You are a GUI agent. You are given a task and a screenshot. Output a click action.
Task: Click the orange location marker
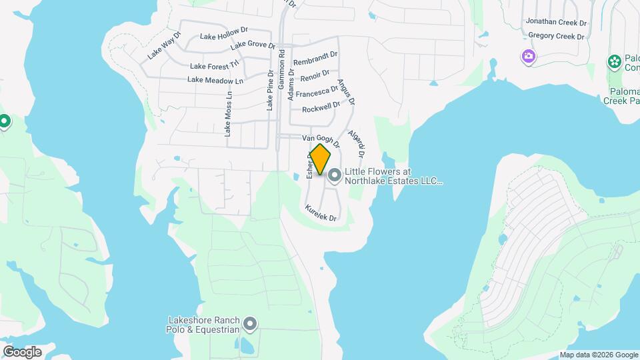coord(320,160)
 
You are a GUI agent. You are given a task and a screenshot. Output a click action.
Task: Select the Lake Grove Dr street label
coord(253,46)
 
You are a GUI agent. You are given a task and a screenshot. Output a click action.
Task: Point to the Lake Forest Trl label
coord(214,65)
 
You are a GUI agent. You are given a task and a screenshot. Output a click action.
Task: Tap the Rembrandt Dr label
coord(315,58)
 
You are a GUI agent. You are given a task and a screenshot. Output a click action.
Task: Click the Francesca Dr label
coord(317,92)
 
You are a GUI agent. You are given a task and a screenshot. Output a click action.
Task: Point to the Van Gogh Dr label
coord(321,140)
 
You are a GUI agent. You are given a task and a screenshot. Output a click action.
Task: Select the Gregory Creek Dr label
coord(556,35)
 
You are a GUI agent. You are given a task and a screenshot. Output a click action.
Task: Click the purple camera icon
coord(528,56)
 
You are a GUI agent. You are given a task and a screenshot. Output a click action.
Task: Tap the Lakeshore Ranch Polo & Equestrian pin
coord(251,324)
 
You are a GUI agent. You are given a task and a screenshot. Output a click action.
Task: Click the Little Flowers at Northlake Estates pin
coord(335,175)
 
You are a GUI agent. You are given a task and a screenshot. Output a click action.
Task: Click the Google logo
coord(22,352)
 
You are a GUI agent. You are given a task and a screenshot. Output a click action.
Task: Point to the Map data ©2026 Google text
coord(598,355)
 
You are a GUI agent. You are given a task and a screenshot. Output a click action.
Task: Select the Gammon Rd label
coord(281,70)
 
